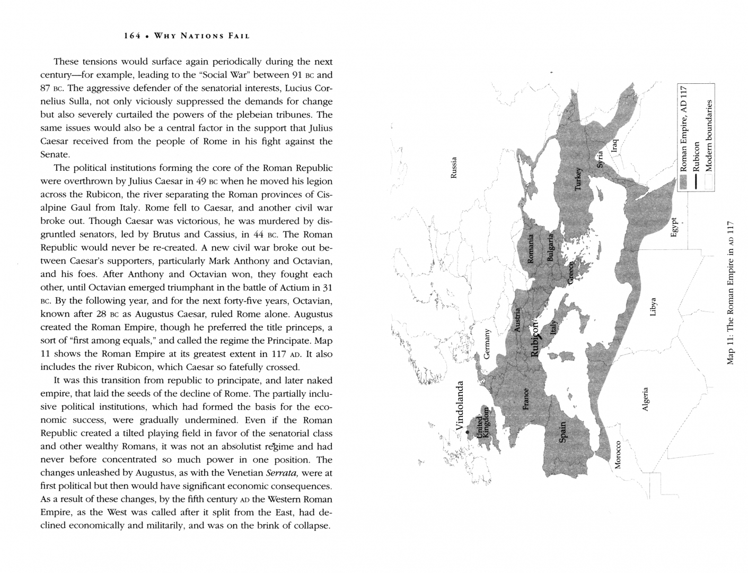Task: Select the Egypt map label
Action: click(674, 228)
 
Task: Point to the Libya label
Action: click(653, 307)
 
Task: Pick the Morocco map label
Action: click(618, 455)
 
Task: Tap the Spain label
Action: click(563, 431)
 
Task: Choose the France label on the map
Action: click(526, 399)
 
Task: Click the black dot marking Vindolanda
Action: click(468, 432)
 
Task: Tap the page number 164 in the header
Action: click(132, 36)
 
